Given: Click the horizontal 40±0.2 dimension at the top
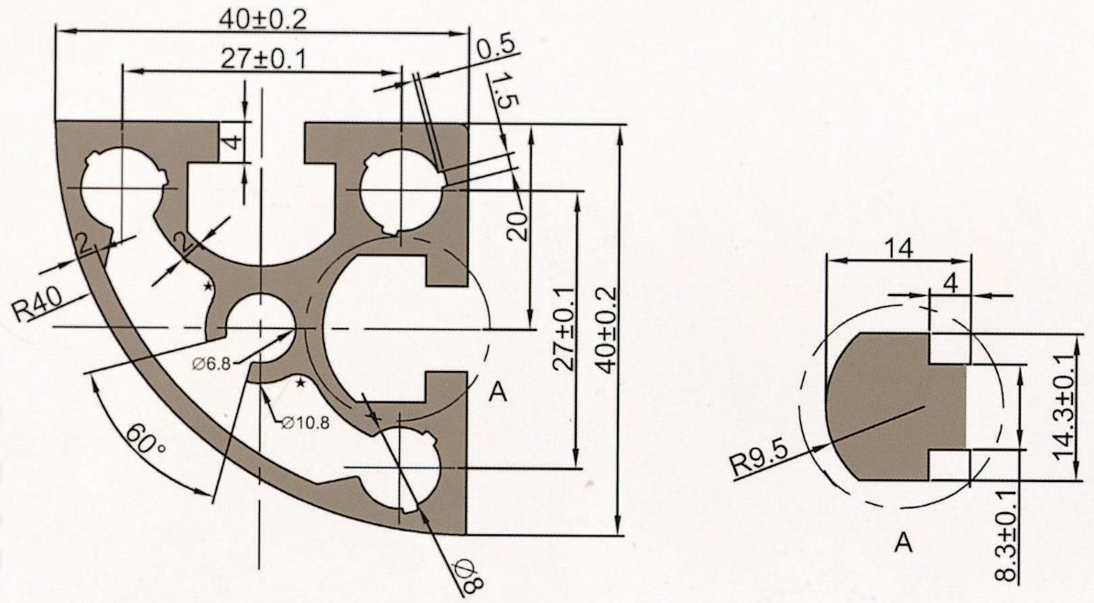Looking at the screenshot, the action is coord(263,19).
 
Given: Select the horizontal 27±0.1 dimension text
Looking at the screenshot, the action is coord(264,60).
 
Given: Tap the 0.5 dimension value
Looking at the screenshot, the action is coord(496,49).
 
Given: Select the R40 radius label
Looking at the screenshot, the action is coord(38,304).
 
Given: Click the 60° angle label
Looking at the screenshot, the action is coord(146,443).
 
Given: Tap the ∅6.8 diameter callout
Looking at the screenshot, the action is coord(212,363).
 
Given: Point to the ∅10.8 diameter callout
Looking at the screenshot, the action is coord(307,422).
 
